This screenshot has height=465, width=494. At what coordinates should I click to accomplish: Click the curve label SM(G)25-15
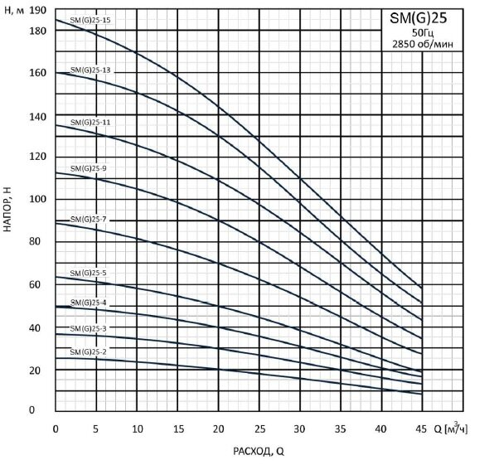coord(90,20)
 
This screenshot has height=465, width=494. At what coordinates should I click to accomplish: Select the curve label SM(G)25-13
coord(90,70)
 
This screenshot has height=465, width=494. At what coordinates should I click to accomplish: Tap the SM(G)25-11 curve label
coord(90,122)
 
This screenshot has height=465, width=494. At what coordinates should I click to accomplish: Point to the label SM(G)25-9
coord(88,168)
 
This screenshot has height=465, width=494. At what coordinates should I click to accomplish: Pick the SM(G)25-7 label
coord(88,220)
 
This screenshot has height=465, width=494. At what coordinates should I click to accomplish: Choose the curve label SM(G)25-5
coord(88,274)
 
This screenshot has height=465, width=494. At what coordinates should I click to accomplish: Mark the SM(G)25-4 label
coord(88,303)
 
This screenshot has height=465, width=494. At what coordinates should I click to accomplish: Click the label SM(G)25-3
coord(88,328)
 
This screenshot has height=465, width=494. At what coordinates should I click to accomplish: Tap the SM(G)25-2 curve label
coord(88,352)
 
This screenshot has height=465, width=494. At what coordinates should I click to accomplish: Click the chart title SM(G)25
coord(418,18)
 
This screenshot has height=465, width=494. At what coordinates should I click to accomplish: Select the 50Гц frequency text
coord(423,33)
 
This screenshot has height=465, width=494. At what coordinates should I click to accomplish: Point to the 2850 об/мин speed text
coord(423,44)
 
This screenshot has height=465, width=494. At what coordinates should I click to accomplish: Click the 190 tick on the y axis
coord(37,11)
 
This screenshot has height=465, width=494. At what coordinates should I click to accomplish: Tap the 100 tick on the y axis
coord(37,199)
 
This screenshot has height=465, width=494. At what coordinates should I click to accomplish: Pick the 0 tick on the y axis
coord(31,410)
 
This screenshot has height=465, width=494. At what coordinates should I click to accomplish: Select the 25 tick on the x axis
coord(259,429)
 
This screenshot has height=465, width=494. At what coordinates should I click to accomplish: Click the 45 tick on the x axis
coord(421,429)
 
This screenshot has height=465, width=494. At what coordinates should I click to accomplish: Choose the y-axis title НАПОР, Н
coord(7,210)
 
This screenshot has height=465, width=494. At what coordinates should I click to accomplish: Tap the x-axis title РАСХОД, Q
coord(259,452)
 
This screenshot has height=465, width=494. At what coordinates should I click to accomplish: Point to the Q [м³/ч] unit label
coord(451,428)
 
